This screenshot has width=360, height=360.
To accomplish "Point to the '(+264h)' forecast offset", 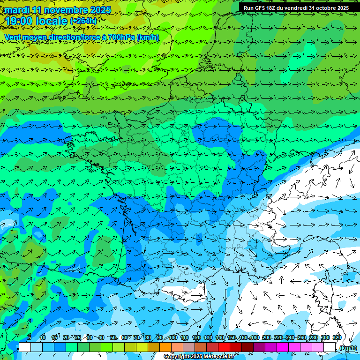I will pos(83,21).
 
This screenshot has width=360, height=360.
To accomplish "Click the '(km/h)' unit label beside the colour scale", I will pos(347,348).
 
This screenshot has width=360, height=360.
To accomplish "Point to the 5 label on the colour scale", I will pos(30,337).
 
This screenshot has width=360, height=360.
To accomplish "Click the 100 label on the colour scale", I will pos(172,337).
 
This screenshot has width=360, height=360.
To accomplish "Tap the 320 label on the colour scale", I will pos(337,337).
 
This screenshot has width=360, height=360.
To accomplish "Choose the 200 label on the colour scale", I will pos(266,337).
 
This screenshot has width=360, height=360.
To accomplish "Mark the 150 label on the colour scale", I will pos(232,337).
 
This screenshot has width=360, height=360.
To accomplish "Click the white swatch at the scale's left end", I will pos(25,347).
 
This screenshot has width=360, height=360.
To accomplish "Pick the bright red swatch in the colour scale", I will pos(224,347).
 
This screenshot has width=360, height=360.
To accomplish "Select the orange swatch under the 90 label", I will pos(165,347).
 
